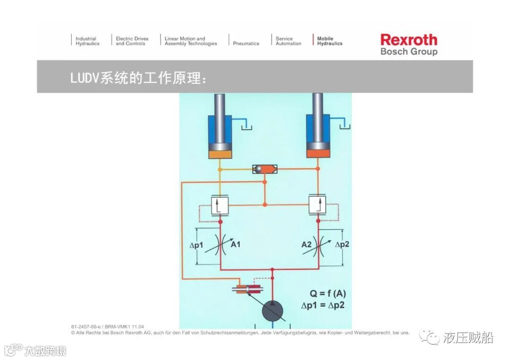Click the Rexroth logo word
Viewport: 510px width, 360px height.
point(408,39)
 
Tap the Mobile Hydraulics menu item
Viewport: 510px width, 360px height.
point(329,41)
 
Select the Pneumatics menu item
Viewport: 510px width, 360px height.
point(246,43)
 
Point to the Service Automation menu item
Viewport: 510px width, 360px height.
point(288,41)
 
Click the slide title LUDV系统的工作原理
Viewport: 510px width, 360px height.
point(138,78)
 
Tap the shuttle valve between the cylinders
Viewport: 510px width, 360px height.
point(264,169)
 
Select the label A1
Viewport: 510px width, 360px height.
point(235,244)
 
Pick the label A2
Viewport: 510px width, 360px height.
point(306,244)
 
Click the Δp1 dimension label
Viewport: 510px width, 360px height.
point(195,245)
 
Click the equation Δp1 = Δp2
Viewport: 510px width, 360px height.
point(323,305)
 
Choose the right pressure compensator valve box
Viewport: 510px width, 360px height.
point(317,205)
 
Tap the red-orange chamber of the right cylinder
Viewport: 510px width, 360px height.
point(317,153)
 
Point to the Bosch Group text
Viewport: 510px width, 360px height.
point(408,51)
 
